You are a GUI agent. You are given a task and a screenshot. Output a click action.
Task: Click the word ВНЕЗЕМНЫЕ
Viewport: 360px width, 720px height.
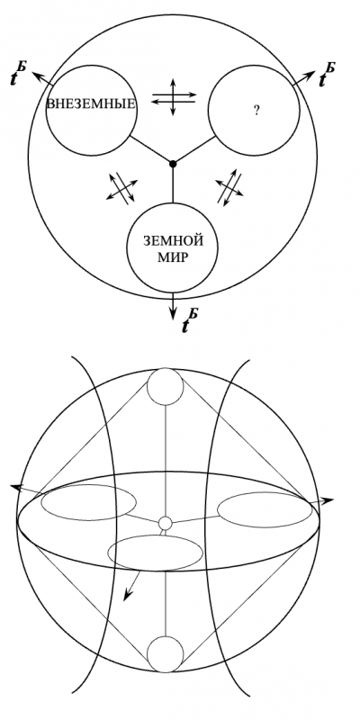click(92, 103)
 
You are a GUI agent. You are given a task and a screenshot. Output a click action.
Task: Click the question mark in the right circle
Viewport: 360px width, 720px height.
click(256, 110)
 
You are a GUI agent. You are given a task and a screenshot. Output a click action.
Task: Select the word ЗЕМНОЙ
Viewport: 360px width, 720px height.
click(173, 240)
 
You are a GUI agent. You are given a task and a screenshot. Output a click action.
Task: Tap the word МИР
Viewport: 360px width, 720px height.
click(173, 257)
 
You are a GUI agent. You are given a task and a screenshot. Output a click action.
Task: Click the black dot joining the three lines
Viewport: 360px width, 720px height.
click(173, 164)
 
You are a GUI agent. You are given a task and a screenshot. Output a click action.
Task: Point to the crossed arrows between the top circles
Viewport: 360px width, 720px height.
click(174, 97)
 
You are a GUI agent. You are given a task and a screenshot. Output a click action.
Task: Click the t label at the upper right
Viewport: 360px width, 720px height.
click(327, 76)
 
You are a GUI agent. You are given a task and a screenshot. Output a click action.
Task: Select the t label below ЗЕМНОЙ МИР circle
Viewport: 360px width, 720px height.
click(190, 320)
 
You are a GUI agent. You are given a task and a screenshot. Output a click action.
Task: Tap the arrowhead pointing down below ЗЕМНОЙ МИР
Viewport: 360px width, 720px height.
click(173, 313)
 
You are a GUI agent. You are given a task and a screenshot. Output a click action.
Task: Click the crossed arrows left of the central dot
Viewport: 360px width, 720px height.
click(122, 187)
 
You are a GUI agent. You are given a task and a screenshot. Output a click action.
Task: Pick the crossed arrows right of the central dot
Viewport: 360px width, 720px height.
click(229, 187)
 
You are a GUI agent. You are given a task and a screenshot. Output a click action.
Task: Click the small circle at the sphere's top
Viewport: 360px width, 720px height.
click(166, 386)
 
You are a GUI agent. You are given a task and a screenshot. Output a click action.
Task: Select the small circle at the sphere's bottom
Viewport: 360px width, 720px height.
click(166, 654)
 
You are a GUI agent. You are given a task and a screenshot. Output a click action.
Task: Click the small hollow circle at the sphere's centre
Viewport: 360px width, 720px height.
click(165, 523)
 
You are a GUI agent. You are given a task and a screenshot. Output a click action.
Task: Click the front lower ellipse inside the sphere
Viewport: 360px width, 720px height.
click(107, 553)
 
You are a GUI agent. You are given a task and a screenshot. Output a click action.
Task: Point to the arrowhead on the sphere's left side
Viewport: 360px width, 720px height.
click(16, 488)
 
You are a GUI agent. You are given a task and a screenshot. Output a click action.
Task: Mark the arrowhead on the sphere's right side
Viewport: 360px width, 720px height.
click(327, 501)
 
